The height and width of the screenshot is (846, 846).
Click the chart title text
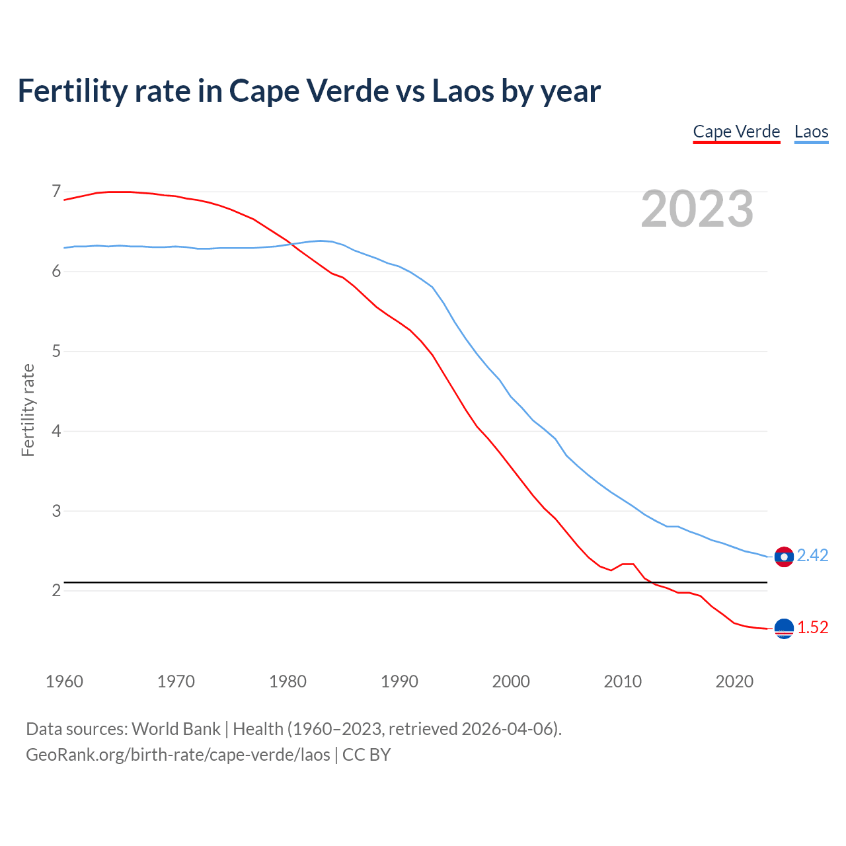(x=309, y=91)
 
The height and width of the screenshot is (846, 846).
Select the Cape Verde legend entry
(x=736, y=132)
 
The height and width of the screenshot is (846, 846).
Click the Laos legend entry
(x=811, y=132)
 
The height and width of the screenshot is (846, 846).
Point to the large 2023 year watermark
(x=697, y=209)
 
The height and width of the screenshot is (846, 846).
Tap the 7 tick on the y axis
(x=56, y=192)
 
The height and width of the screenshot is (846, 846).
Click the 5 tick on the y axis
(x=56, y=351)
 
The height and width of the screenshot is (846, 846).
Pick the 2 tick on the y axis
(x=56, y=590)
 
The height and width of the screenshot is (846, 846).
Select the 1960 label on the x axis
(x=64, y=681)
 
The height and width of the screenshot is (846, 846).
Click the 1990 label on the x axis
(x=399, y=681)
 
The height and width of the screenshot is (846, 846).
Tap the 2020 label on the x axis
(x=734, y=681)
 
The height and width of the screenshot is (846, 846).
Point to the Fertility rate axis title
(x=28, y=410)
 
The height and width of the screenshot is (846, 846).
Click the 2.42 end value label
(x=812, y=556)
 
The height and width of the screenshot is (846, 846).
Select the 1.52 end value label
(x=812, y=628)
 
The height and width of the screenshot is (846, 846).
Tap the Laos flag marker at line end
(x=784, y=557)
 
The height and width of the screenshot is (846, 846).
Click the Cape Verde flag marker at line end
(x=784, y=629)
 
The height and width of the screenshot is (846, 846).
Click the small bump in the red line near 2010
(x=628, y=564)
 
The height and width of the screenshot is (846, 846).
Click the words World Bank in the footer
(x=176, y=729)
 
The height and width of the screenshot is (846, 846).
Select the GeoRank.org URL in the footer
(x=178, y=755)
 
